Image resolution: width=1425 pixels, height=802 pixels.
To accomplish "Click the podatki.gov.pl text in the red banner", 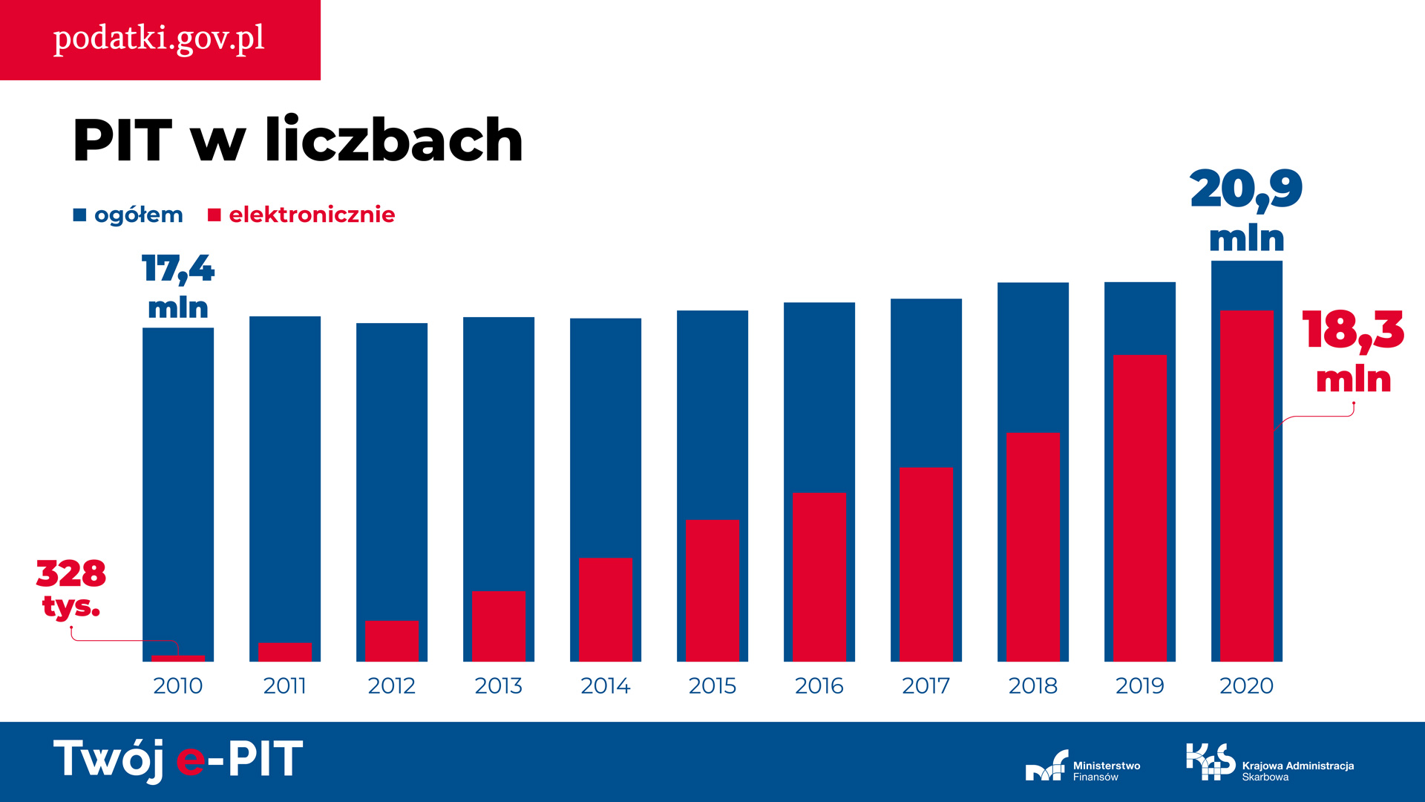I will (159, 39).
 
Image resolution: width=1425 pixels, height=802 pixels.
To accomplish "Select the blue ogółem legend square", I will (80, 215).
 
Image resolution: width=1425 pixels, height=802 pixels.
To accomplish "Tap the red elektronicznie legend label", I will (312, 215).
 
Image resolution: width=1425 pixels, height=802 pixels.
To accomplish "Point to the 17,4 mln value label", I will (178, 287).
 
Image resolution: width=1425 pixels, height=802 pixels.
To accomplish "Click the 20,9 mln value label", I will (1246, 209).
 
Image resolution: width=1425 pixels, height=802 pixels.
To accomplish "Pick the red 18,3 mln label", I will (1353, 351).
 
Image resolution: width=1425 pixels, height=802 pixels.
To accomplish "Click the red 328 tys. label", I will (71, 588).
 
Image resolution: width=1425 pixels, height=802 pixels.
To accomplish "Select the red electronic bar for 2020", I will (1246, 486).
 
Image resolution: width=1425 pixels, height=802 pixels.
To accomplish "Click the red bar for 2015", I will (712, 590).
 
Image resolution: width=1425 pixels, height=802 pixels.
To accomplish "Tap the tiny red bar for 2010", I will (178, 659).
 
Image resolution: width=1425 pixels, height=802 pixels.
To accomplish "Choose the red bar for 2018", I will (1032, 547).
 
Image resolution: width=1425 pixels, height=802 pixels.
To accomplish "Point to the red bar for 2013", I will (498, 626).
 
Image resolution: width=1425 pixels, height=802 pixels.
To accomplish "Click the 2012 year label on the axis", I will (391, 685).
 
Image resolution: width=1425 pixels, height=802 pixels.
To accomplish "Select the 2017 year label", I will (926, 685).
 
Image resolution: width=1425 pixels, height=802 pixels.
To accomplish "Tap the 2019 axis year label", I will (1139, 685).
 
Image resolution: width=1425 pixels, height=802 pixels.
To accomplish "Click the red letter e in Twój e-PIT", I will (191, 761).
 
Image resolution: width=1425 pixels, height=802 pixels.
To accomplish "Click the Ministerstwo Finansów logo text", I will (1106, 771).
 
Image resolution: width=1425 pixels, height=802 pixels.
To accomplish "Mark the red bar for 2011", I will (285, 652).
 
